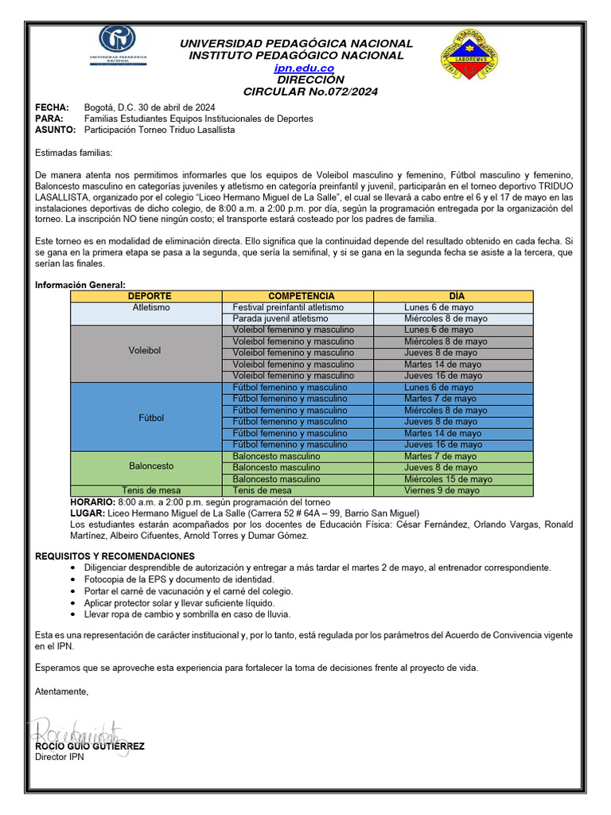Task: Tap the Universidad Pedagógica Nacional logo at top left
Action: (117, 46)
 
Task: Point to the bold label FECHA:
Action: (52, 107)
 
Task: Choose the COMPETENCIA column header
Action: (302, 296)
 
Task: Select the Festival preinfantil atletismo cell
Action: (288, 307)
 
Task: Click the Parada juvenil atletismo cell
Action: (280, 318)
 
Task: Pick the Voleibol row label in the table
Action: (145, 350)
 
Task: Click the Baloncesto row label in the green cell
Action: (151, 466)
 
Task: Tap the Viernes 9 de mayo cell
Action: (442, 491)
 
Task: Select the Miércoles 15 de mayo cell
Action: (448, 479)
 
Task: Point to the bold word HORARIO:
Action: (92, 502)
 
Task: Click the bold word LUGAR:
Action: (88, 513)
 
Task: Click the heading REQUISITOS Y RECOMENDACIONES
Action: (115, 556)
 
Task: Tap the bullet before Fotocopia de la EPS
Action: (74, 579)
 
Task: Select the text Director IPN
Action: (60, 757)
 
